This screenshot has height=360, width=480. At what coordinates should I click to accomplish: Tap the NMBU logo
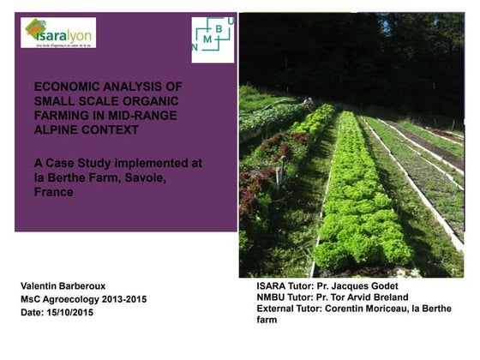211,39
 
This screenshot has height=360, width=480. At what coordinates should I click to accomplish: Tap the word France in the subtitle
54,193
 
